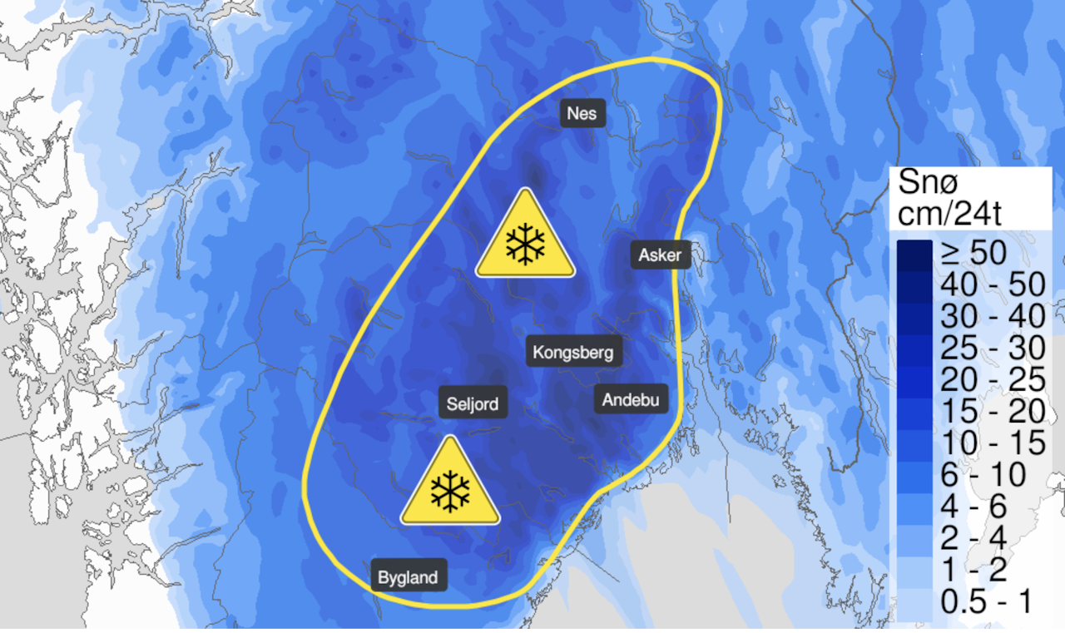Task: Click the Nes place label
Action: pos(582,113)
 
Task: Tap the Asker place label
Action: pos(660,255)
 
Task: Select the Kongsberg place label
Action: pos(575,353)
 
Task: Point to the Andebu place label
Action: pos(631,400)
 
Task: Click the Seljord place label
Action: pos(473,404)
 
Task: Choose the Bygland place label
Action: pos(408,577)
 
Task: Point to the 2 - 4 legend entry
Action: pos(973,538)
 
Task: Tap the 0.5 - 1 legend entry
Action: pos(985,601)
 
